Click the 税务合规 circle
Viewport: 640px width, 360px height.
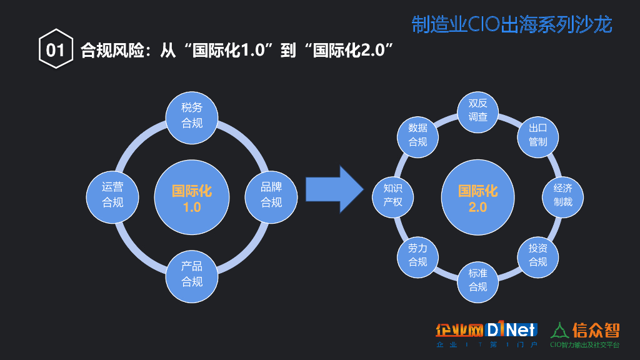coord(192,115)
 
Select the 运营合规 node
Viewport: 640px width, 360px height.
coord(112,194)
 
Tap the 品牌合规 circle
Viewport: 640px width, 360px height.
coord(271,194)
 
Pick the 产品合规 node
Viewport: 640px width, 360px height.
coord(192,274)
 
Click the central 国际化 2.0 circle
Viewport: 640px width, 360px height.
coord(477,197)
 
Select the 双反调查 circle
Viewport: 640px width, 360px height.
coord(477,111)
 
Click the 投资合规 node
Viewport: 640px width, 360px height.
coord(537,255)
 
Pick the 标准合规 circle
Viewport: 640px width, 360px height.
coord(477,280)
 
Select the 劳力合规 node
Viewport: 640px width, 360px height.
coord(417,255)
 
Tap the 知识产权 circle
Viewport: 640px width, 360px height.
coord(392,195)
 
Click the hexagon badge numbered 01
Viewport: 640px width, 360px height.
coord(55,49)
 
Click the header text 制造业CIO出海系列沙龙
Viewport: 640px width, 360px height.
coord(512,24)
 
